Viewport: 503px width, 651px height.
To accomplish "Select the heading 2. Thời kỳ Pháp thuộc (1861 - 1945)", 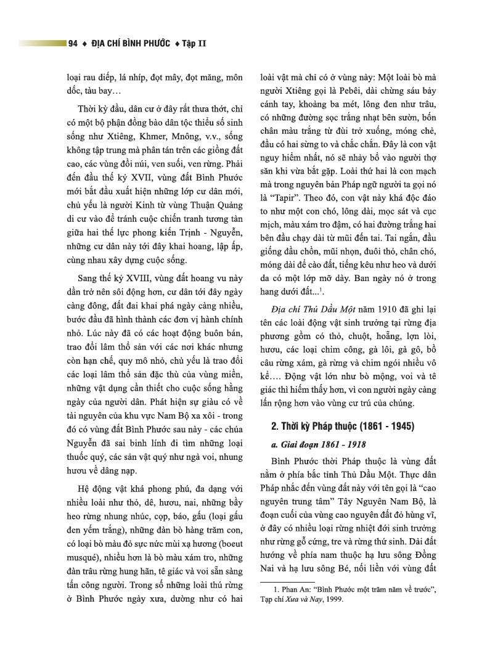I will [344, 427].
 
